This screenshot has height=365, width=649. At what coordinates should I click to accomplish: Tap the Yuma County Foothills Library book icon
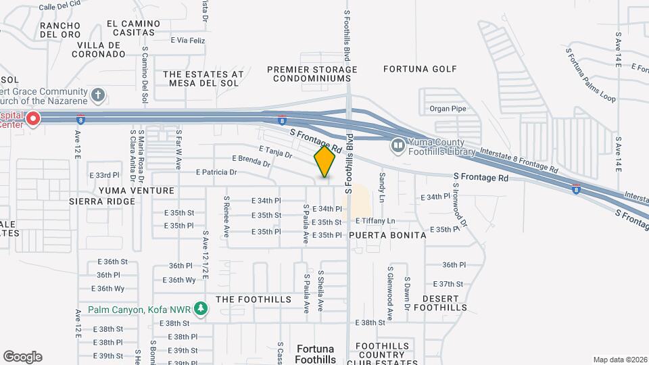pos(398,145)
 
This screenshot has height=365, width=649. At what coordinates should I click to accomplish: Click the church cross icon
pos(99,95)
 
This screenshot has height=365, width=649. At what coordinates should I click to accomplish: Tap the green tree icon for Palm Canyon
pos(199,310)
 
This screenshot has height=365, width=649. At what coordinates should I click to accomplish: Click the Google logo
pos(22,357)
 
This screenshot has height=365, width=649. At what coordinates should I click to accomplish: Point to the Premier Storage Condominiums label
pos(312,74)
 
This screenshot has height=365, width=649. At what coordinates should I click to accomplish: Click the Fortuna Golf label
pos(420,69)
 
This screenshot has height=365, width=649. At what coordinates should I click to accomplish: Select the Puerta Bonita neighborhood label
pos(388,235)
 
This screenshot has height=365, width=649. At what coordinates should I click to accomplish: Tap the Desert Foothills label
pos(440,303)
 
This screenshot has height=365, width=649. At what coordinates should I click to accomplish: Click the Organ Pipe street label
pos(448,108)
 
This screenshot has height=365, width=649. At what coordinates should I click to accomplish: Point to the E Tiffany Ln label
pos(370,221)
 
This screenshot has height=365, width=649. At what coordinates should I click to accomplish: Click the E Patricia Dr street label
pos(216,172)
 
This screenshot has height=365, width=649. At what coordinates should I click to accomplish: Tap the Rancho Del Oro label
pos(60,30)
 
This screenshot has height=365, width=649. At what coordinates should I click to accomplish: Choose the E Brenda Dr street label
pos(251,162)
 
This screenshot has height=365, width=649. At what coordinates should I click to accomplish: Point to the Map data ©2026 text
pos(619,360)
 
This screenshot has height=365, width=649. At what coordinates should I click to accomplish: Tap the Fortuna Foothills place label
pos(315,354)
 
